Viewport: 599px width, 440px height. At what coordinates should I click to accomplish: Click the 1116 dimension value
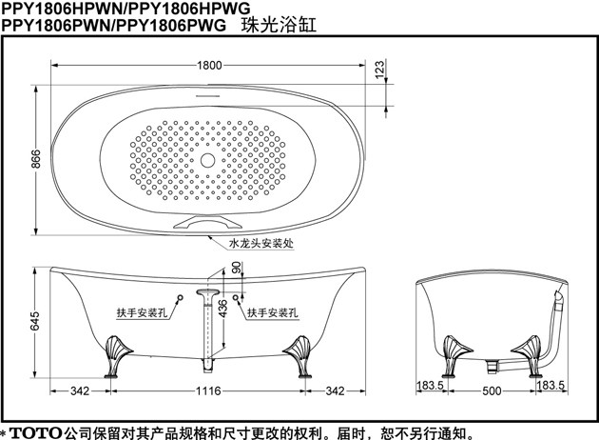coord(209,391)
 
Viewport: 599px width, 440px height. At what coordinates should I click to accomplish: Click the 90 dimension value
coord(237,269)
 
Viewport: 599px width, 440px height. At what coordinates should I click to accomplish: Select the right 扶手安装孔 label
coord(273,312)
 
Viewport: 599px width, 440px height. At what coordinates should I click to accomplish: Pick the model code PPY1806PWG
coord(181,26)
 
